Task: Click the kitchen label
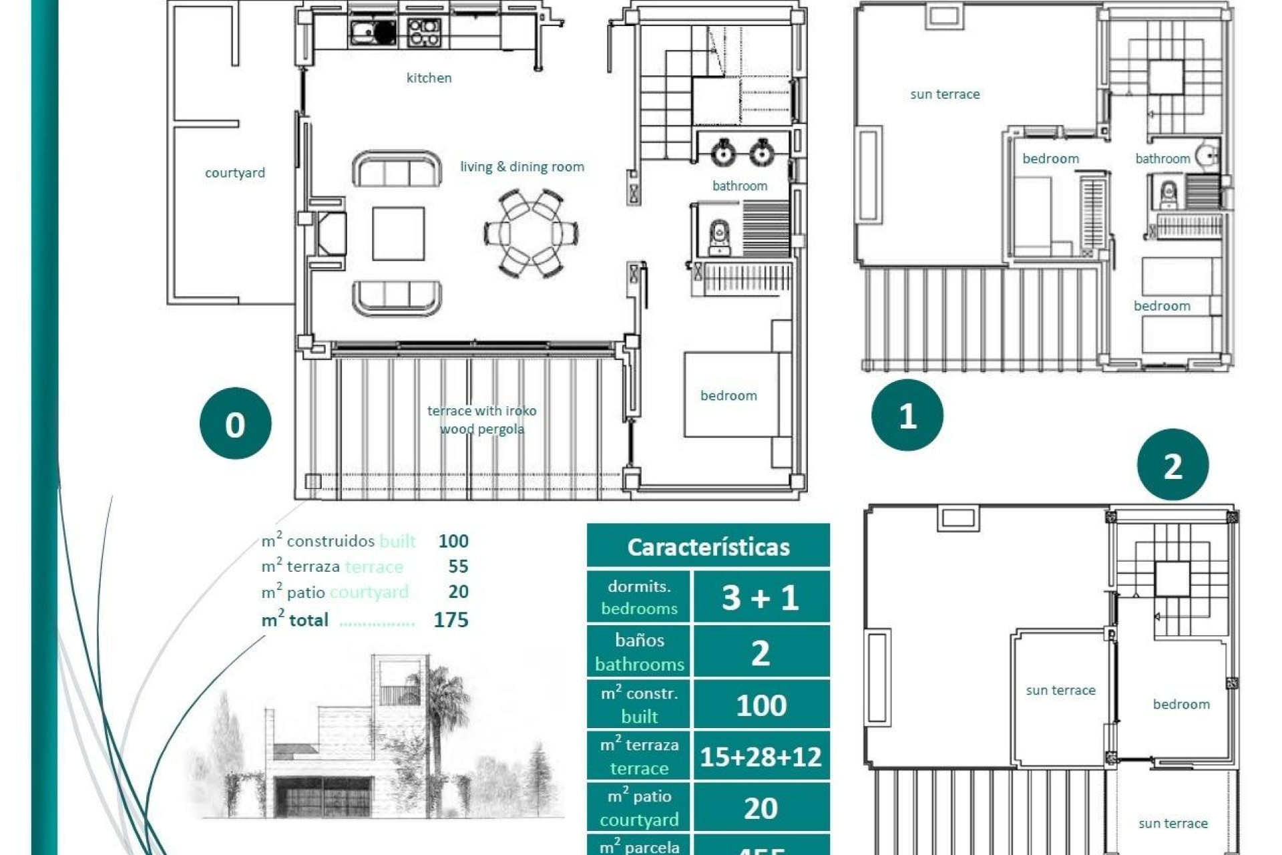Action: click(429, 78)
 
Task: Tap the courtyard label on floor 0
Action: click(234, 173)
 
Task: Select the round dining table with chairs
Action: click(531, 234)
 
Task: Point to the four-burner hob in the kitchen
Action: click(423, 32)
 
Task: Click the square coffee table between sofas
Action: click(399, 234)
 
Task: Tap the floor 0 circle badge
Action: click(235, 423)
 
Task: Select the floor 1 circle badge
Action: click(907, 415)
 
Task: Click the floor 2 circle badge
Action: click(1172, 465)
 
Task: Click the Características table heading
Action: click(708, 546)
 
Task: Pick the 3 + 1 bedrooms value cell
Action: click(761, 597)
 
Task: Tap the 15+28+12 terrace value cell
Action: click(761, 757)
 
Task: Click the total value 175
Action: click(451, 620)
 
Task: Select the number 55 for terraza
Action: click(458, 566)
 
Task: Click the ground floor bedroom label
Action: click(728, 395)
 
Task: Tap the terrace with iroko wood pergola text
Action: click(481, 419)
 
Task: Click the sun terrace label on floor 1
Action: click(945, 94)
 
